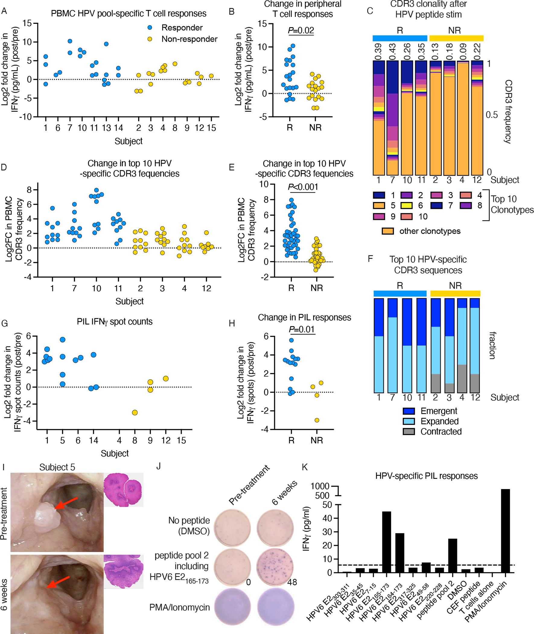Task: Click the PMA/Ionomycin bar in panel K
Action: [x=505, y=530]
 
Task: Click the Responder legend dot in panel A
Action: [x=150, y=27]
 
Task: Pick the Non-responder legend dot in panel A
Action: [x=150, y=39]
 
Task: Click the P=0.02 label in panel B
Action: [x=301, y=30]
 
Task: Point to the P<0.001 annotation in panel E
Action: [x=303, y=187]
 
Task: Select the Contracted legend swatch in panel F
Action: [x=409, y=431]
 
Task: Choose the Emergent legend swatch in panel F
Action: [x=409, y=411]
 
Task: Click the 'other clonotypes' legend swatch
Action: [x=388, y=231]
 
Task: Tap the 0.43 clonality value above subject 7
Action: [x=393, y=52]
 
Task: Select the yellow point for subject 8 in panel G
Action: [x=135, y=413]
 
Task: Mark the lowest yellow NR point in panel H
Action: [x=317, y=420]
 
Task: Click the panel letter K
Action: [x=305, y=467]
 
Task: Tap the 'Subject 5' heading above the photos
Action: [x=57, y=467]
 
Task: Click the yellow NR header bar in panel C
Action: [x=456, y=38]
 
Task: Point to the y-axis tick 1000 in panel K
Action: [x=320, y=486]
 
